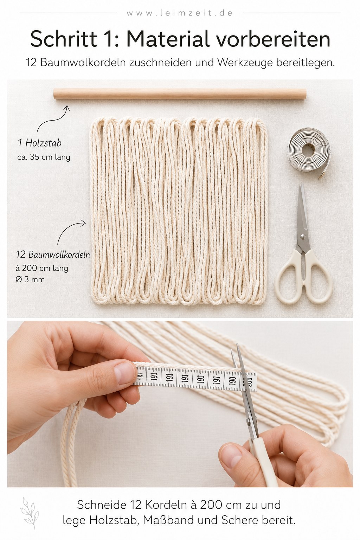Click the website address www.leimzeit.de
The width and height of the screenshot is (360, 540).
[x=180, y=13]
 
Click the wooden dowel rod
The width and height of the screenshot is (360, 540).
[x=180, y=94]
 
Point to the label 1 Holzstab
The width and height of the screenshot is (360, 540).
[x=40, y=143]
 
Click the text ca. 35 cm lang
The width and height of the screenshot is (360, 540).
[x=44, y=157]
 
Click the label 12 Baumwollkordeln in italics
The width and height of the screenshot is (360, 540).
[x=53, y=255]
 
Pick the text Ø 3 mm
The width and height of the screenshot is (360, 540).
[x=30, y=279]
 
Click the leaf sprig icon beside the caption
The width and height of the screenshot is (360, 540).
[x=28, y=510]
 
